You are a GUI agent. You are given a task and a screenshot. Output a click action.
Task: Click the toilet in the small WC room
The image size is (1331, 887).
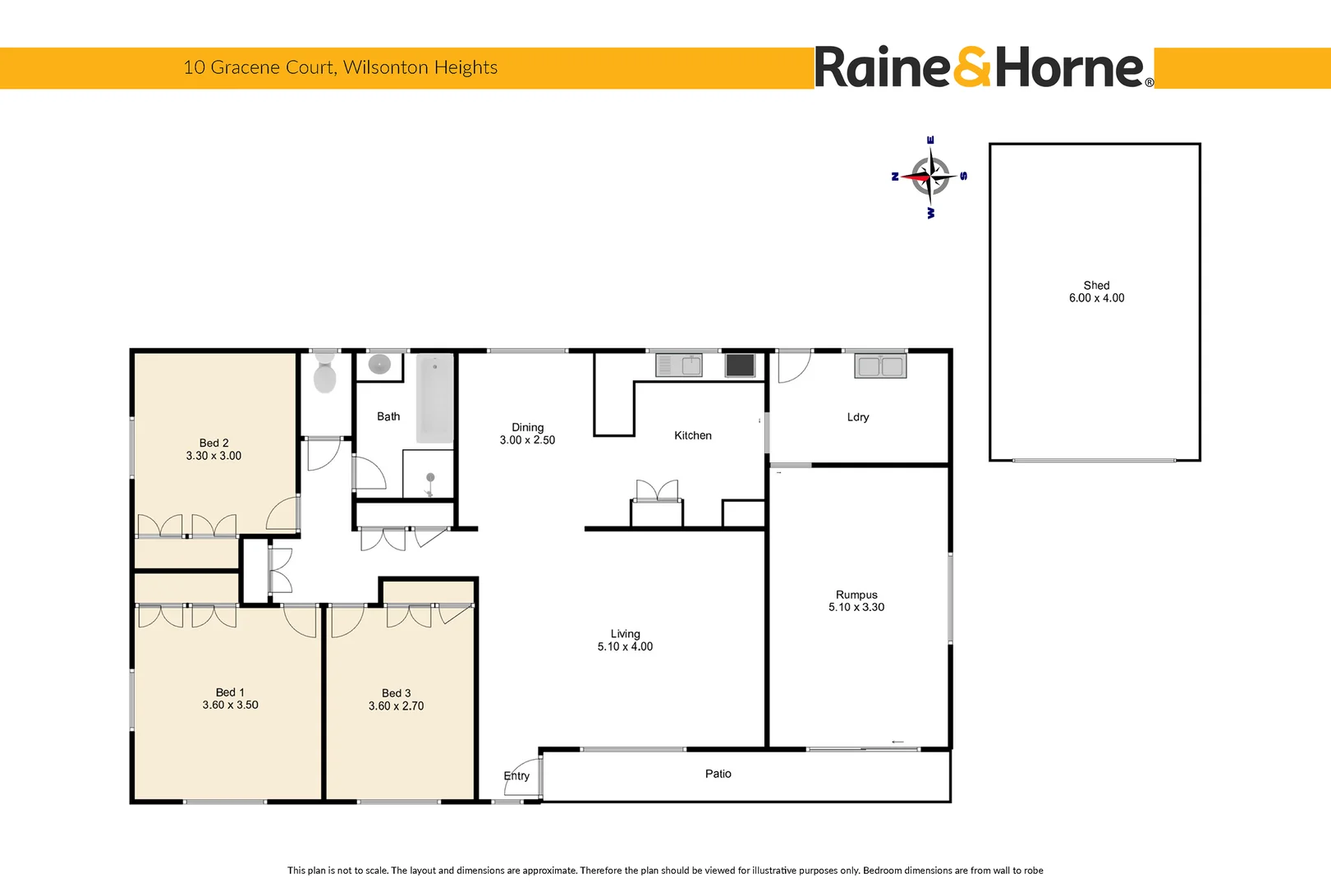[x=324, y=373]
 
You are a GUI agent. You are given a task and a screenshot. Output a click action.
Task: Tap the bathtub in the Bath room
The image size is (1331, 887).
[x=435, y=398]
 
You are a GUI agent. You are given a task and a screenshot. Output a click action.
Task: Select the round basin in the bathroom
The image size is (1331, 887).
[x=379, y=364]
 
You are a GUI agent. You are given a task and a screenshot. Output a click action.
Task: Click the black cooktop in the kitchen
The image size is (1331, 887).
[x=740, y=365]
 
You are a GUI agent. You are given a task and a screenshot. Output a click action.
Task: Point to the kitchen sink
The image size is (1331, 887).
[x=678, y=365]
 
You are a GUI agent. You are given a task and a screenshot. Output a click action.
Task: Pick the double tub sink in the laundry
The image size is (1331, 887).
[x=880, y=365]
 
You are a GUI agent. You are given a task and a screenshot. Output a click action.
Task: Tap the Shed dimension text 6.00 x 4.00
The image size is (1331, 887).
[x=1096, y=298]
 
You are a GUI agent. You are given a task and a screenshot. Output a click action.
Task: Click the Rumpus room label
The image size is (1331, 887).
[x=856, y=595]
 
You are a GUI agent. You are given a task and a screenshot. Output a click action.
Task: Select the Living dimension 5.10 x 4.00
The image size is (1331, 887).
[x=625, y=647]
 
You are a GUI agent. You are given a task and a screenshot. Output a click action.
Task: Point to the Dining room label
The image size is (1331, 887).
[x=528, y=427]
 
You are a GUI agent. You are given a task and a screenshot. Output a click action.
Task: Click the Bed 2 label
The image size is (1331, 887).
[x=214, y=443]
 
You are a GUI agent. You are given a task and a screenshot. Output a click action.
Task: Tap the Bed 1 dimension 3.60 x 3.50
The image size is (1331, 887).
[x=230, y=705]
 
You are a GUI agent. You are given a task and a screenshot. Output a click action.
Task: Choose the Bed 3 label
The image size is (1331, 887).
[x=397, y=693]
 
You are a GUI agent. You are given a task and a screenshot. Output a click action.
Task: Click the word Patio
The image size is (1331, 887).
[x=718, y=774]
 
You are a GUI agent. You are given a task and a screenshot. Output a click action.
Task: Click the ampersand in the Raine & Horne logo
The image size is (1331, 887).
[x=972, y=67]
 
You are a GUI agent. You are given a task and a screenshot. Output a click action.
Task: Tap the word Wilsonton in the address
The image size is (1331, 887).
[x=386, y=67]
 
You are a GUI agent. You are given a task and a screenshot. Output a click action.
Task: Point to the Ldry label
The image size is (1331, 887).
[x=858, y=417]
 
